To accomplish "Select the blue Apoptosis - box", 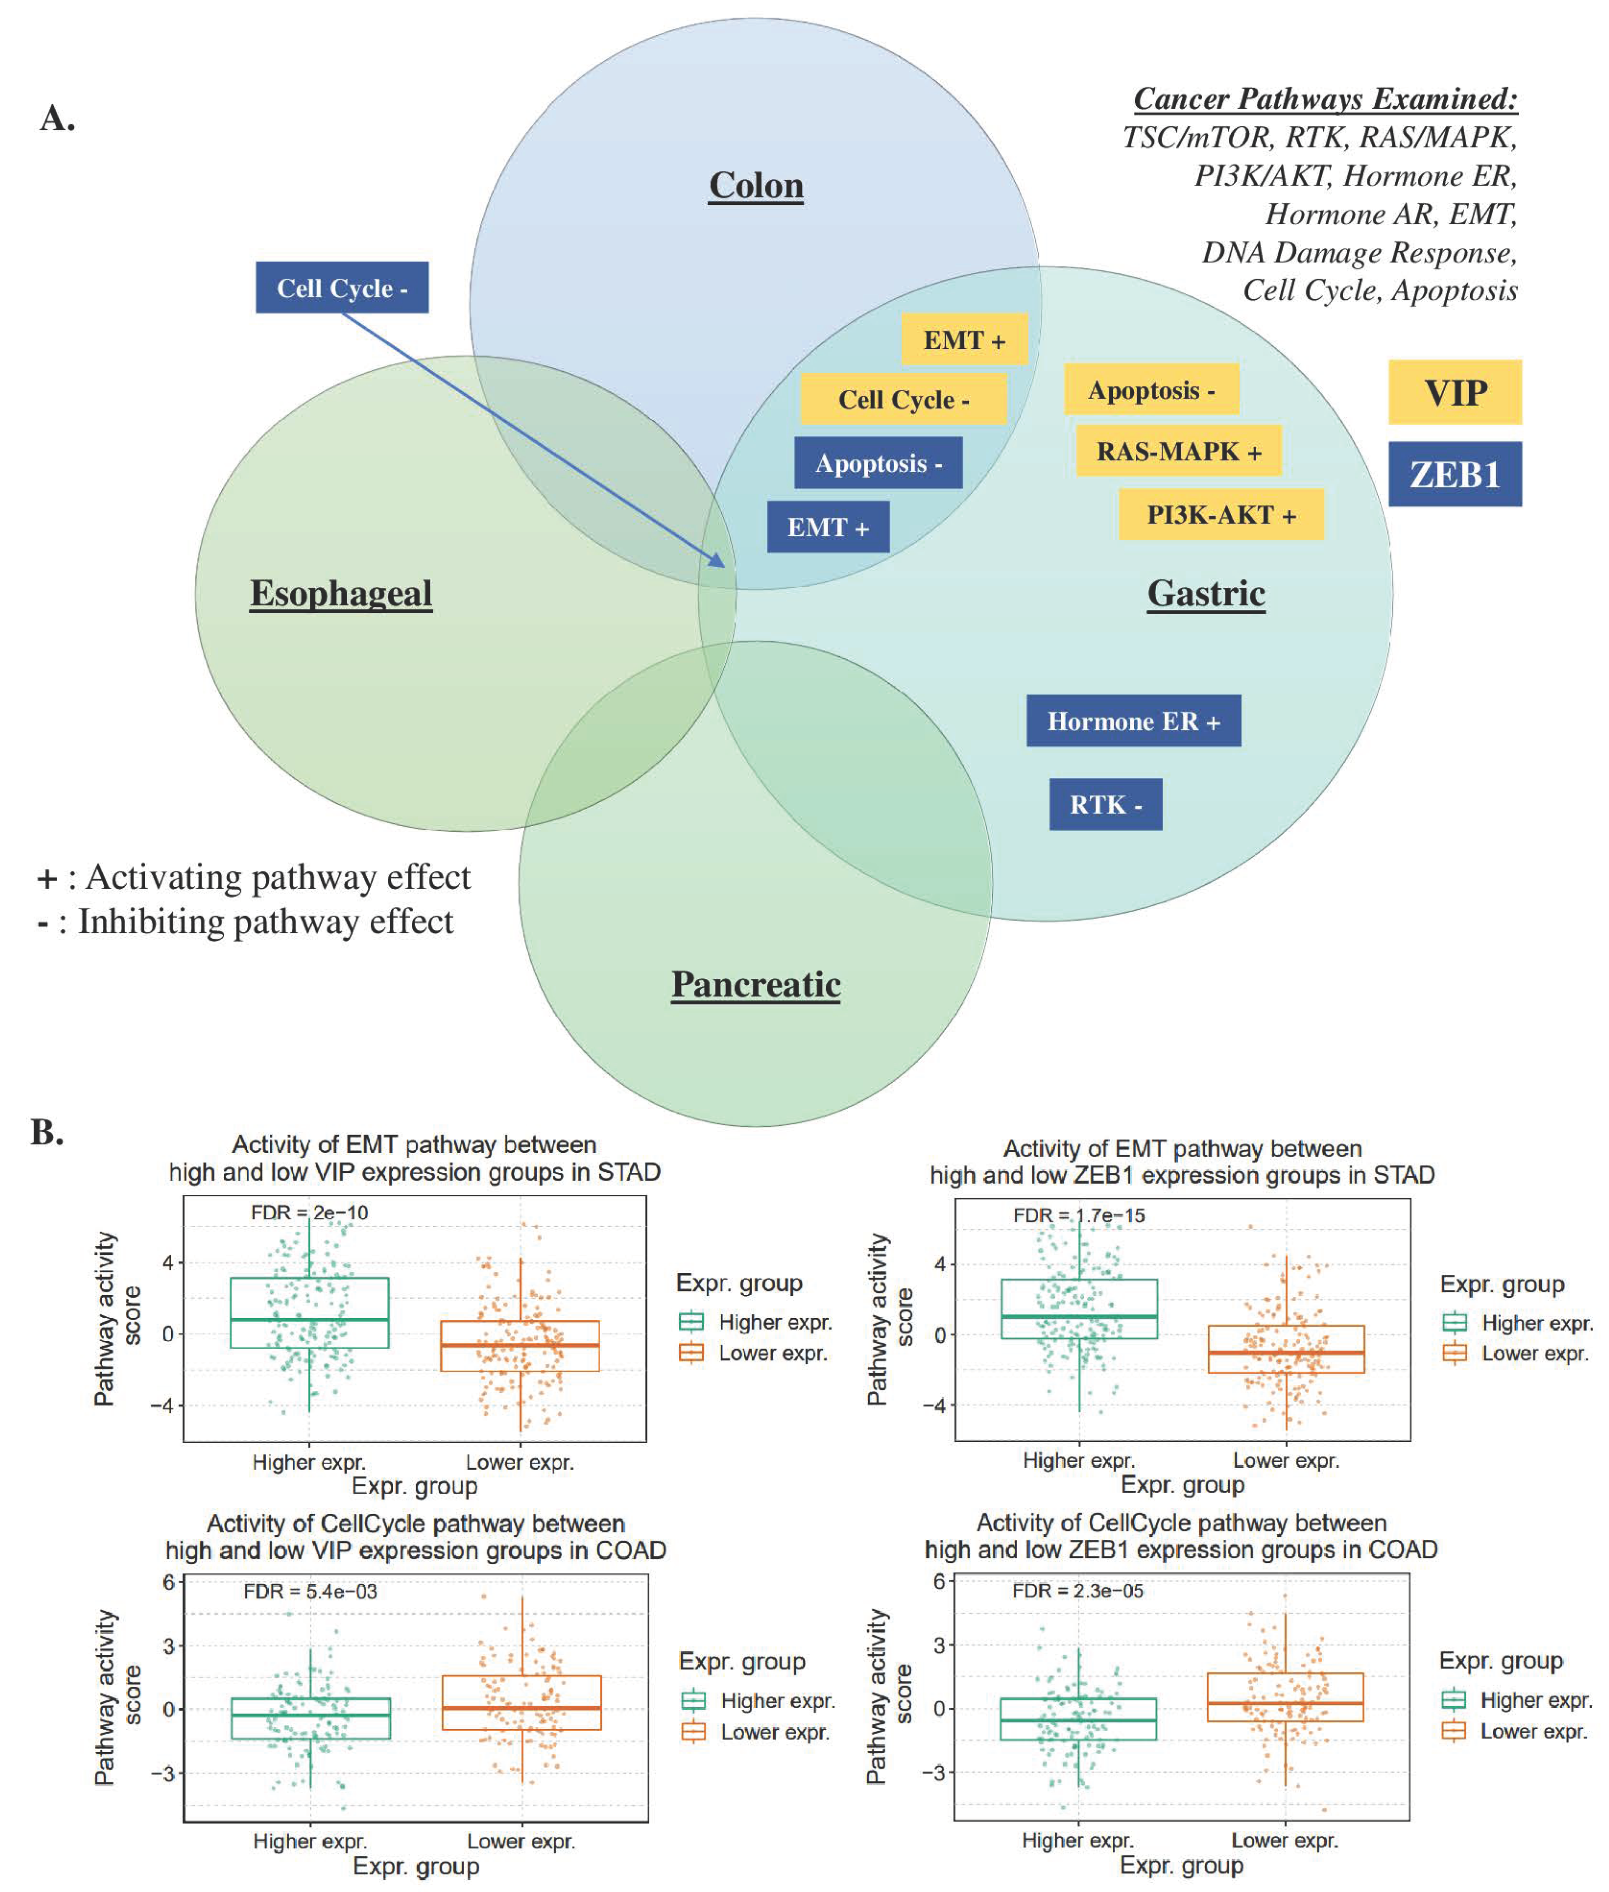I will coord(877,463).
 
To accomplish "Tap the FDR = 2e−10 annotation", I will coord(309,1212).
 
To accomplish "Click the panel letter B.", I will coord(47,1132).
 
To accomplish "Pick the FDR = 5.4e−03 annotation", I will coord(309,1592).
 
